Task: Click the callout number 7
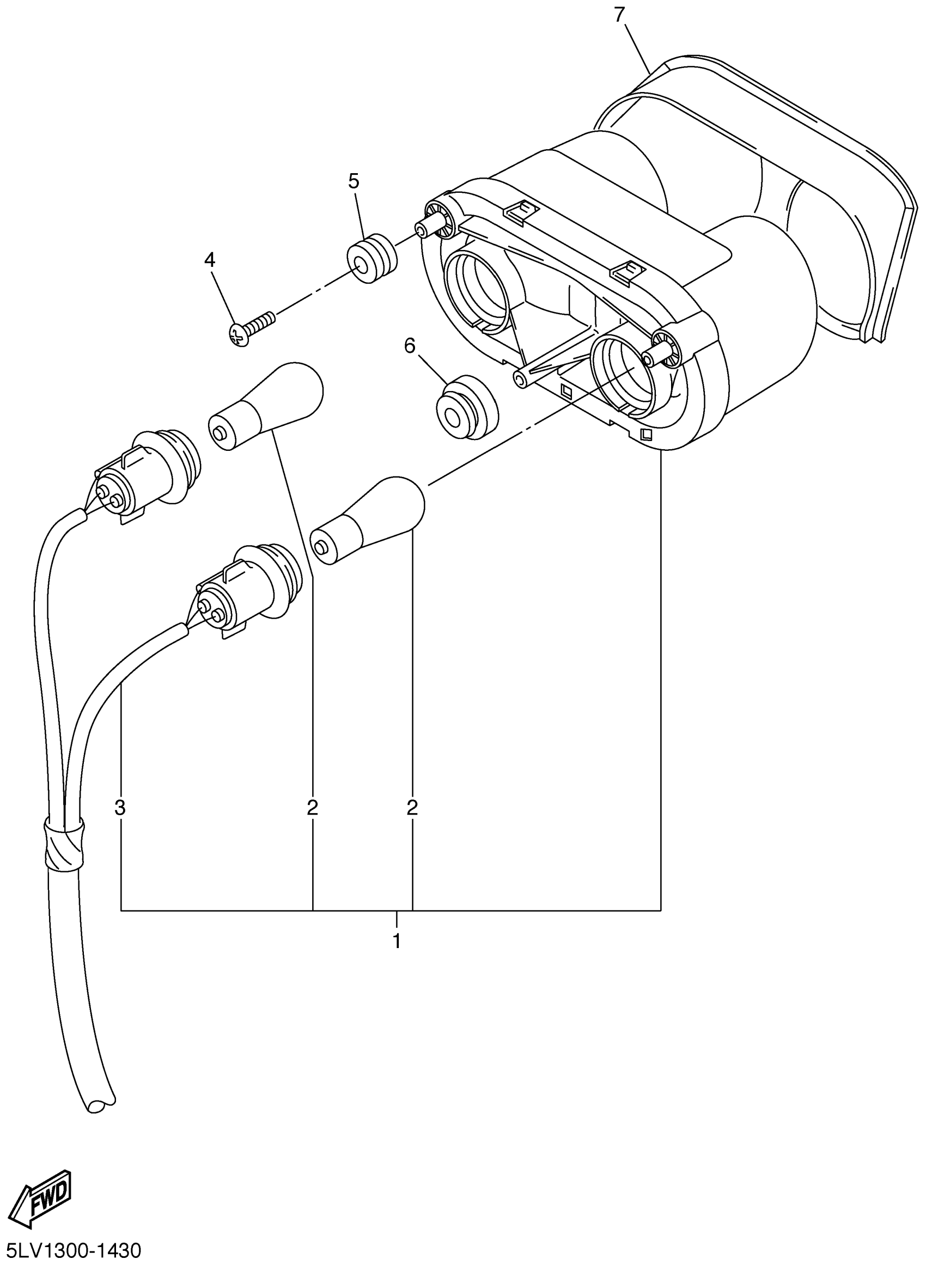click(619, 15)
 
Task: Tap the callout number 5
click(353, 181)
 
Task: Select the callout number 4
click(210, 260)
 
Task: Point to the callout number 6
click(410, 346)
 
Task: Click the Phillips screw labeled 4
click(252, 328)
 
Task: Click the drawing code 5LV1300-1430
click(72, 1251)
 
